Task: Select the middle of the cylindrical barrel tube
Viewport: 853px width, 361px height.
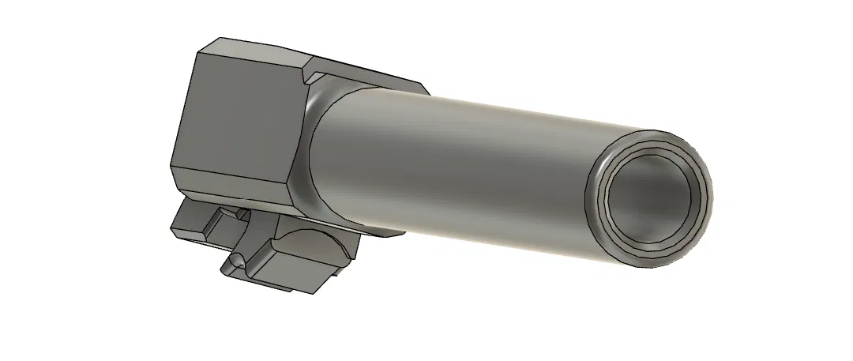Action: coord(458,158)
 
